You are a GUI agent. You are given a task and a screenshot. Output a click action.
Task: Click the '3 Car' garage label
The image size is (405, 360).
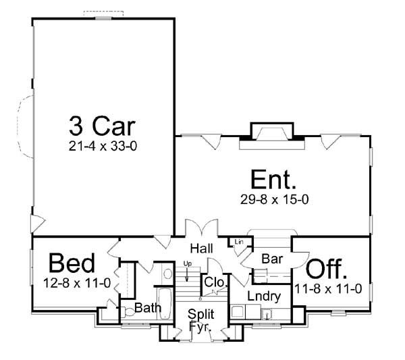pyautogui.click(x=101, y=126)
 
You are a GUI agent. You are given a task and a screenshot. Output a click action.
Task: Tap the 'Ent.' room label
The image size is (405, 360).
pyautogui.click(x=273, y=180)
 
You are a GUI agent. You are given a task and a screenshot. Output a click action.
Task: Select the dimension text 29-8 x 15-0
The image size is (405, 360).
pyautogui.click(x=273, y=199)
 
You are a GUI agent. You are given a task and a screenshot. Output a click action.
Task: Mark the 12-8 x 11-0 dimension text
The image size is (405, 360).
pyautogui.click(x=76, y=282)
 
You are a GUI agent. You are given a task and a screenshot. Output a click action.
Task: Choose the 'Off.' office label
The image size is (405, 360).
pyautogui.click(x=328, y=270)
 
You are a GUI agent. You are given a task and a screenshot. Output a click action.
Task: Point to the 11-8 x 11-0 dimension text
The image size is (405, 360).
pyautogui.click(x=329, y=288)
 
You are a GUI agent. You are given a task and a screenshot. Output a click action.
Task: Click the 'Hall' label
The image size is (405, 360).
pyautogui.click(x=201, y=247)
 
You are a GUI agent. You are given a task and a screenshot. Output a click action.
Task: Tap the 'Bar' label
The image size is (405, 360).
pyautogui.click(x=272, y=258)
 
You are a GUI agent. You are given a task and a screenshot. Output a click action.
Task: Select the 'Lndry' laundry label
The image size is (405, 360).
pyautogui.click(x=260, y=295)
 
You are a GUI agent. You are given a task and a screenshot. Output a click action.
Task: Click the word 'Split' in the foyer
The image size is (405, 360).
pyautogui.click(x=201, y=315)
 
